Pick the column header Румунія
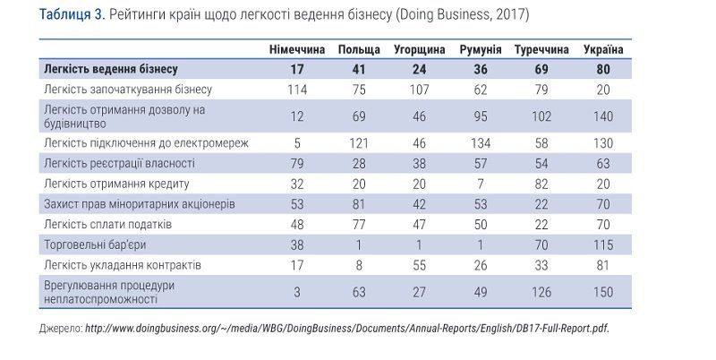point(480,48)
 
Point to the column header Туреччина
point(542,48)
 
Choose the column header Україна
point(603,48)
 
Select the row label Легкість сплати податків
point(107,223)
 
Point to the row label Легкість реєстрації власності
point(118,163)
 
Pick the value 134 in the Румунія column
point(480,142)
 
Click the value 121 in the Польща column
point(358,142)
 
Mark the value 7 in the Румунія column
point(480,184)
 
